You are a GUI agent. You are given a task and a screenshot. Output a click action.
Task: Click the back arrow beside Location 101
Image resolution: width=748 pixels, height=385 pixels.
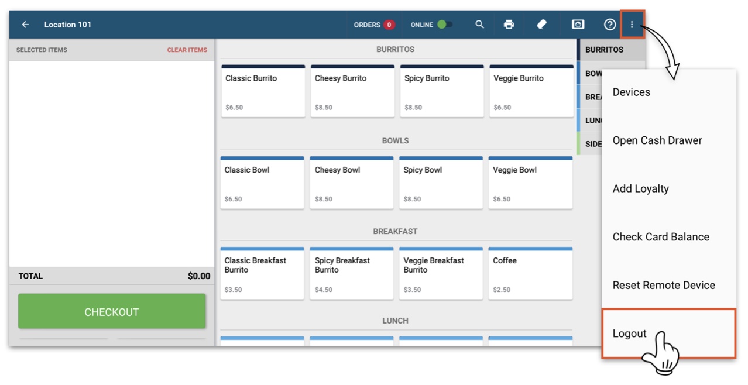point(25,25)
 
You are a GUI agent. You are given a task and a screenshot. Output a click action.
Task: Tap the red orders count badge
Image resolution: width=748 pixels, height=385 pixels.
point(389,25)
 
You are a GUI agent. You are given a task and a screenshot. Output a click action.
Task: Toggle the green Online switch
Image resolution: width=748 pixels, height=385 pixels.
point(444,25)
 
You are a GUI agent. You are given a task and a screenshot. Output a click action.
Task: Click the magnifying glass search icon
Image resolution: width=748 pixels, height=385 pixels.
point(479,25)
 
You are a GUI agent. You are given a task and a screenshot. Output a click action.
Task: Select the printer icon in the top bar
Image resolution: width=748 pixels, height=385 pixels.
point(509,25)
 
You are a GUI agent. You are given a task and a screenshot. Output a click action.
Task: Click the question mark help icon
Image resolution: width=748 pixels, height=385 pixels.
point(609,25)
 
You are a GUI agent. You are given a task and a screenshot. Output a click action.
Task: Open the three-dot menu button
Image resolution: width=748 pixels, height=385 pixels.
point(632,25)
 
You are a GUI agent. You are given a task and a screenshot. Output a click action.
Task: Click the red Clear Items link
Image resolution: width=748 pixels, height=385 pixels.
point(187,50)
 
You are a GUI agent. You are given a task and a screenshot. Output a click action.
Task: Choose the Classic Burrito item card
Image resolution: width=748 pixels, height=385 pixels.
point(263,91)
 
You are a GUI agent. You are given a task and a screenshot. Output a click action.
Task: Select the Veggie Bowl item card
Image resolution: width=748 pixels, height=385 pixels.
point(530,183)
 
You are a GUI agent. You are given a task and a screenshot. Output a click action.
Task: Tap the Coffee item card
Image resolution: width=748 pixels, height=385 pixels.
point(530,273)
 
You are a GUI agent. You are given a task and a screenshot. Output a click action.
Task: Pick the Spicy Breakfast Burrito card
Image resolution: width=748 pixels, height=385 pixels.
point(352,273)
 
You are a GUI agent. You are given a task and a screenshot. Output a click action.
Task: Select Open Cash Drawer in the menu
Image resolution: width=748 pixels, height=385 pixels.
point(657,140)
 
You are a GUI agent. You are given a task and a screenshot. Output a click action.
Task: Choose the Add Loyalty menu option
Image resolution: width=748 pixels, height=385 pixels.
point(640,188)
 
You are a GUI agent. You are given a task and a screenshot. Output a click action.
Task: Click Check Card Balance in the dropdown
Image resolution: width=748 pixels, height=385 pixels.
point(661,237)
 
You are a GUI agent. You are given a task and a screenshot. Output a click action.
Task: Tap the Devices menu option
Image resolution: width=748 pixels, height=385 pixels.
point(631,92)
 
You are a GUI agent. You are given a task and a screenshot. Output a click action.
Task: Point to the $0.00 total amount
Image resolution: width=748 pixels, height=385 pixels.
point(198,276)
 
